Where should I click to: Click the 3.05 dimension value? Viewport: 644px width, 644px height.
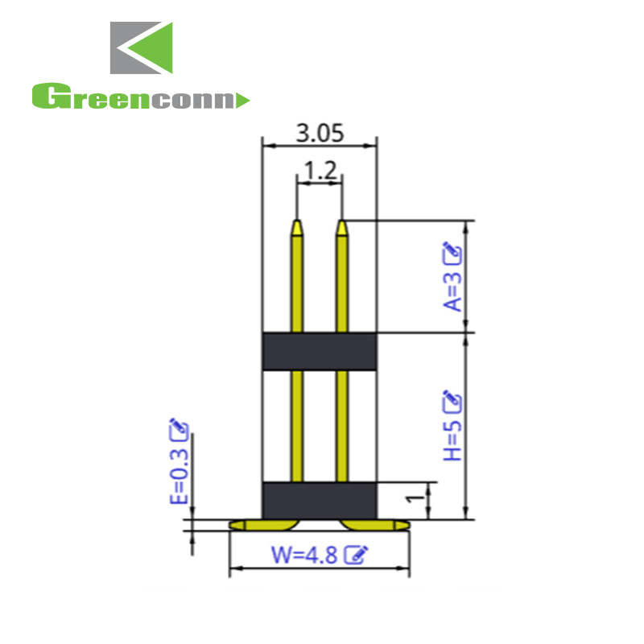tap(320, 133)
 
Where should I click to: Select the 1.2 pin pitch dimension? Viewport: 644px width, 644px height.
tap(320, 170)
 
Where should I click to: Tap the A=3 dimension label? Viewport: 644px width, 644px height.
tap(452, 292)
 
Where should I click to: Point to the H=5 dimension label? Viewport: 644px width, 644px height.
tap(452, 441)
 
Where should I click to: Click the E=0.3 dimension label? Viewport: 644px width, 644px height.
tap(179, 476)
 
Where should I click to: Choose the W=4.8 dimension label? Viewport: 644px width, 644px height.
tap(304, 555)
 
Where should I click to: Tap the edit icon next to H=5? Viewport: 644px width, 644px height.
tap(452, 402)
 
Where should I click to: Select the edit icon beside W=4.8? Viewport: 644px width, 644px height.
tap(356, 555)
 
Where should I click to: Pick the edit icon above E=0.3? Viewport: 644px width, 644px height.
tap(179, 430)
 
